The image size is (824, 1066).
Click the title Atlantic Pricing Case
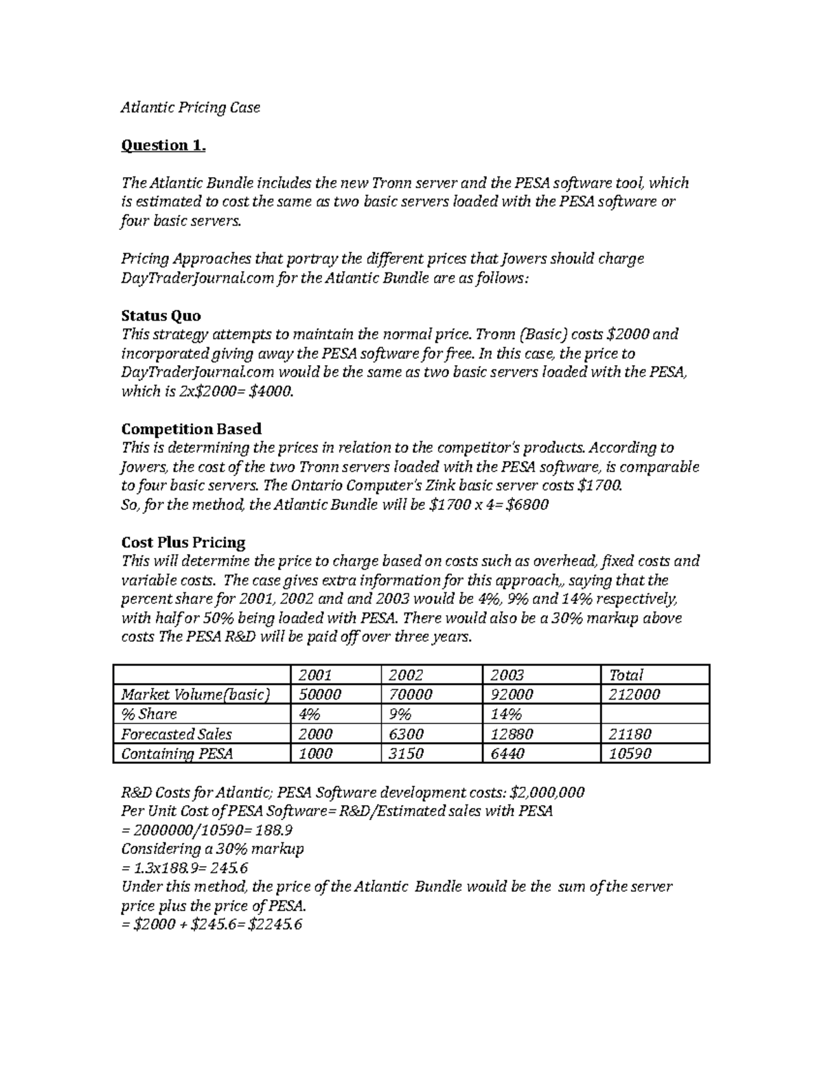point(190,108)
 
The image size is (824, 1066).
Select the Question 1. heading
point(163,146)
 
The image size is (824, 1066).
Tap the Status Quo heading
point(161,316)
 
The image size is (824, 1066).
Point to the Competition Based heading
point(191,429)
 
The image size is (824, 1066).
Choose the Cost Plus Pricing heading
point(183,542)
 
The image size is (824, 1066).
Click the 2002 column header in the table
point(406,675)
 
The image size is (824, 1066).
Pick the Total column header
point(626,675)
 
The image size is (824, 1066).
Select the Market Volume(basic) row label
point(195,695)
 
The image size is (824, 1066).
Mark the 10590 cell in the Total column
point(630,754)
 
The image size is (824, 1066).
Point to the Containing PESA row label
point(176,754)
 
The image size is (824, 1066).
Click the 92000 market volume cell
point(511,695)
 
